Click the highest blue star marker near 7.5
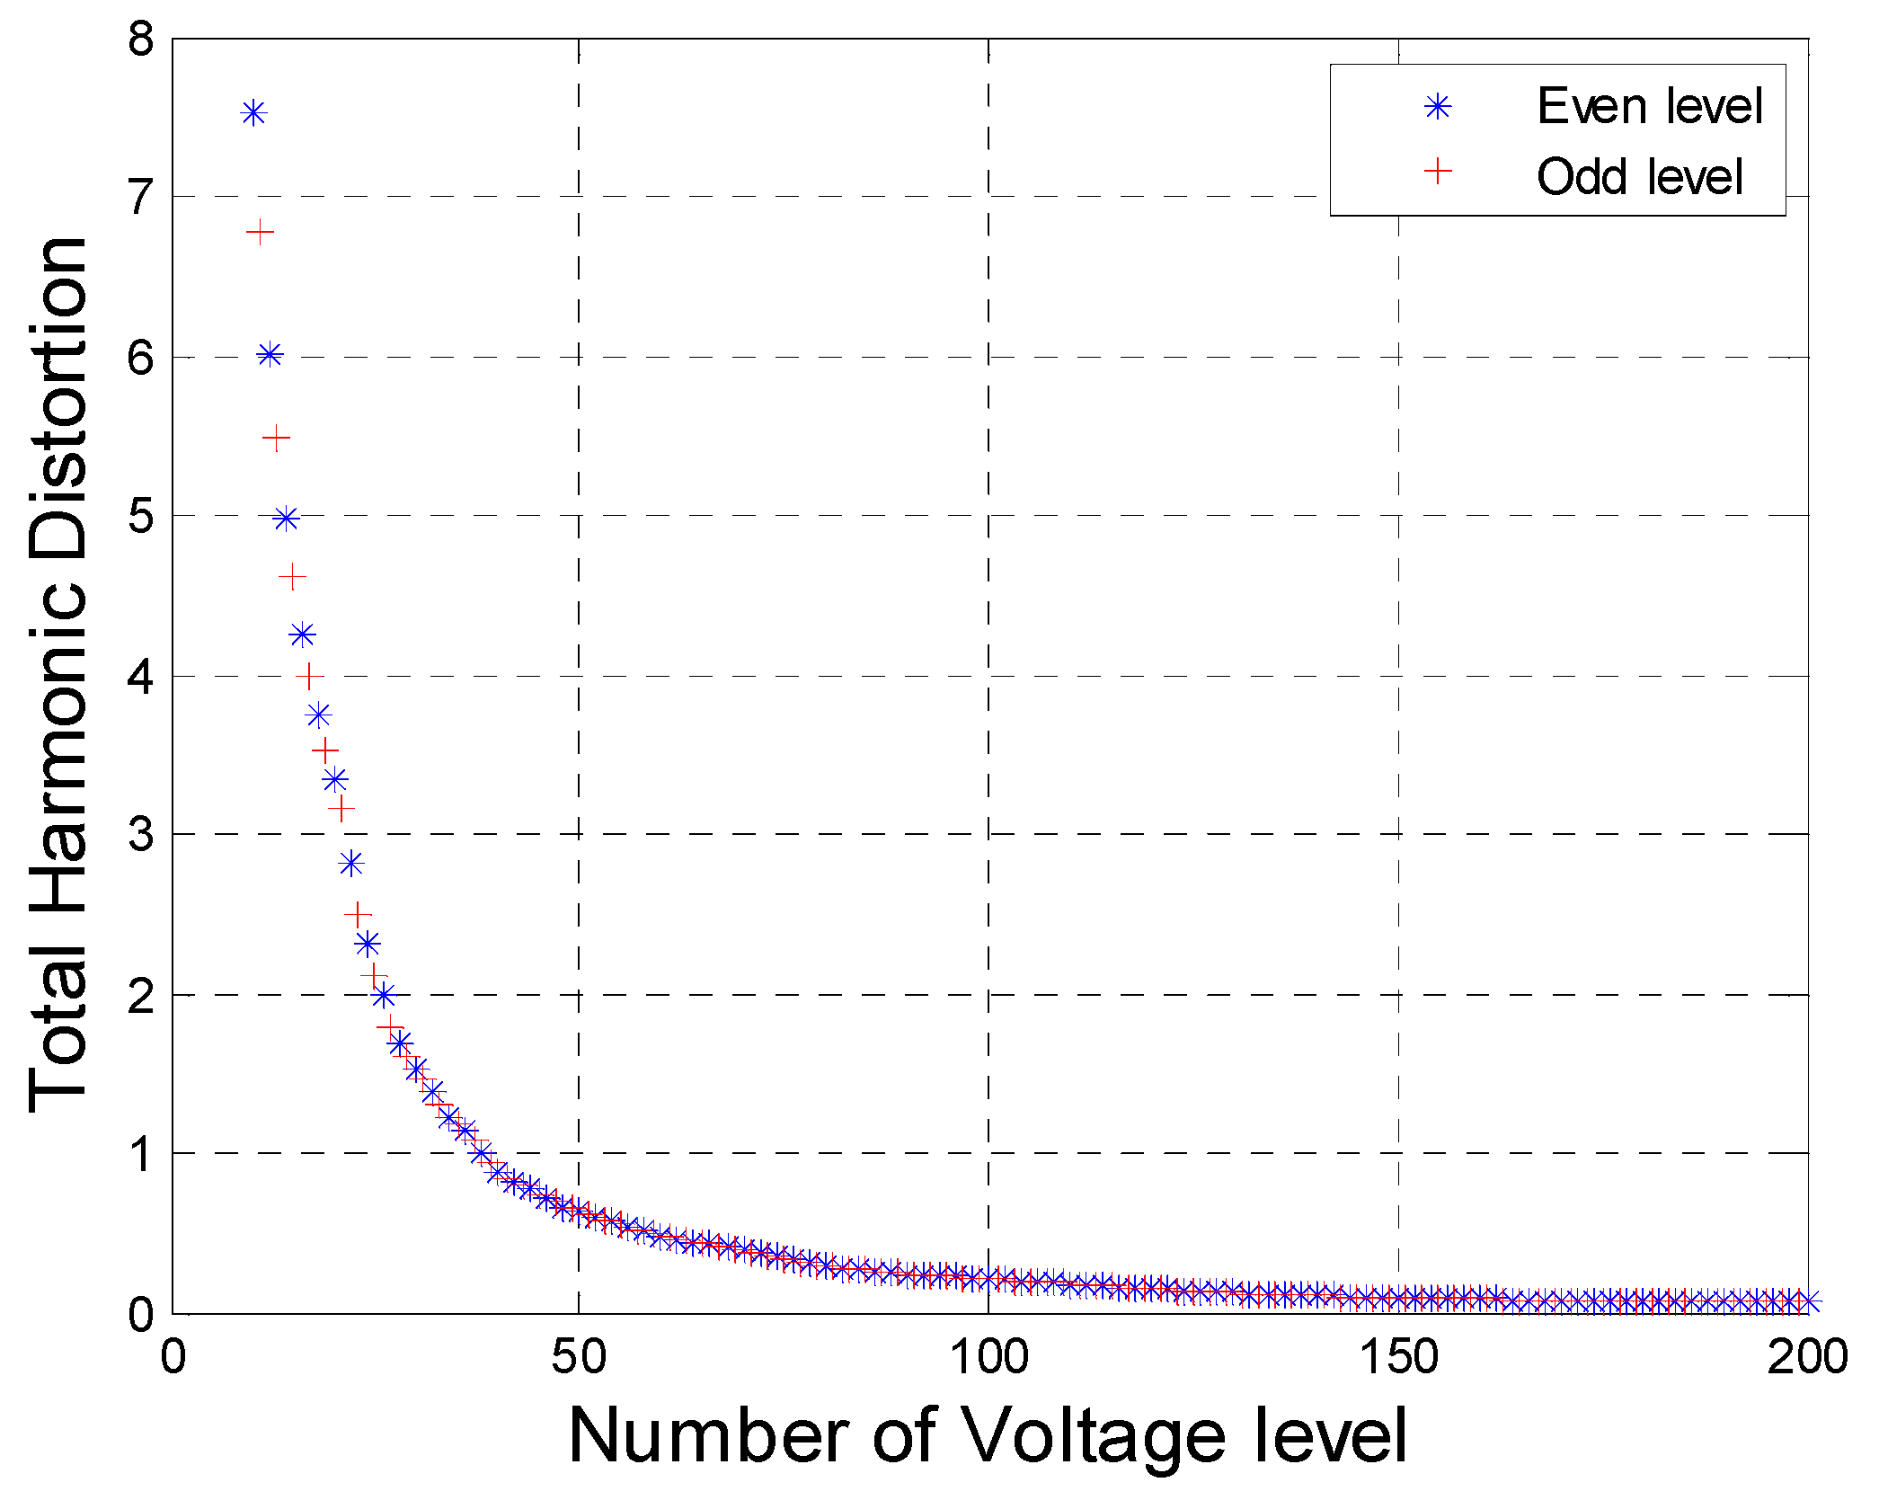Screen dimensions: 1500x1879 [254, 113]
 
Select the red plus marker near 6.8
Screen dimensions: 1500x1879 [260, 233]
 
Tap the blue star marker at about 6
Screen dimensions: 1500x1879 [270, 355]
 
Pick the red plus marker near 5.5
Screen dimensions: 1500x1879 [276, 439]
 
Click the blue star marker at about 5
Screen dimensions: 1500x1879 [286, 519]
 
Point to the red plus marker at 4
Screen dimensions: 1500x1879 [309, 676]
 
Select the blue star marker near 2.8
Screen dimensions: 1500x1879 [351, 864]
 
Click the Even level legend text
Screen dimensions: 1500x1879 [1650, 106]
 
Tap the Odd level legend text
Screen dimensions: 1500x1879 [1639, 176]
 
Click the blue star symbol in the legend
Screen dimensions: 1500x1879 [1438, 107]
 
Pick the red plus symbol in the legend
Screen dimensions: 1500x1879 [1438, 171]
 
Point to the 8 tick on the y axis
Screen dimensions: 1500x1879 [141, 40]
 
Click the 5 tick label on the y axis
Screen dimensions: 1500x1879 [141, 517]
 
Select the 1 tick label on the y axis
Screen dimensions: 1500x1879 [141, 1154]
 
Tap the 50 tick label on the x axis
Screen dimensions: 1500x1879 [578, 1357]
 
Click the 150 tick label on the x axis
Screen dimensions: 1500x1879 [1397, 1357]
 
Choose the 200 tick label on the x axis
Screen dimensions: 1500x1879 [1807, 1357]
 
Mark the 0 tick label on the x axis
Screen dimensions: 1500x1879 [173, 1357]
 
